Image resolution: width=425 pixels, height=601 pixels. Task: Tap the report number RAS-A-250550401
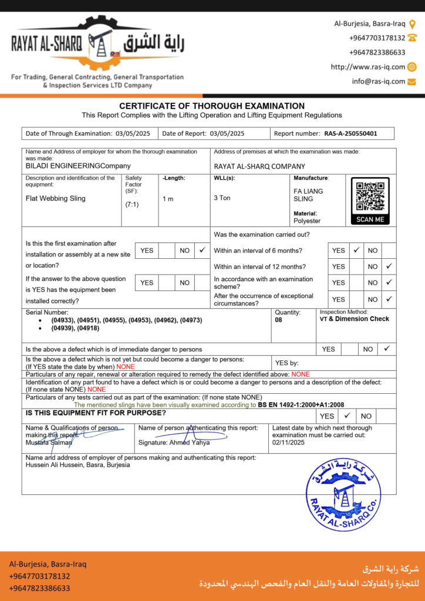(350, 133)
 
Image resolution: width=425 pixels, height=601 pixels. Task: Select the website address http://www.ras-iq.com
(367, 67)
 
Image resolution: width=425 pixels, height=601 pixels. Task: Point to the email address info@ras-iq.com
(379, 82)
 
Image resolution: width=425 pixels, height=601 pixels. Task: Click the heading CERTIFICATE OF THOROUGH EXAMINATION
(212, 106)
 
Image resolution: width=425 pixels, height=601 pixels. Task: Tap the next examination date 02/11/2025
(288, 443)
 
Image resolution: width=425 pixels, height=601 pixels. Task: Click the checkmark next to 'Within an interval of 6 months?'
(356, 250)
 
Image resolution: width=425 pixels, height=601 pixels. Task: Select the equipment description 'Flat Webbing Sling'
(56, 198)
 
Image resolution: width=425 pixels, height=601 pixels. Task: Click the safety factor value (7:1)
(131, 205)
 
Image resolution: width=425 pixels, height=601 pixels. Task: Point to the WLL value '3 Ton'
(222, 198)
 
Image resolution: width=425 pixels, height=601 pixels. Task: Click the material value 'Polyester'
(307, 221)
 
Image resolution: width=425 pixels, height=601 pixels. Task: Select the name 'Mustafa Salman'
(49, 443)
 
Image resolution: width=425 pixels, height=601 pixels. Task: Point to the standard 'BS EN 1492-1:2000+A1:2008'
(301, 405)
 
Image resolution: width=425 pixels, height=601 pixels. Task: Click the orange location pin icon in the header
(412, 24)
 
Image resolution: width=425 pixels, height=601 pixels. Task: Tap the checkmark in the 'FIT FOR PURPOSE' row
(347, 416)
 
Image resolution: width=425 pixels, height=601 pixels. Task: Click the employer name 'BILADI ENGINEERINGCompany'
(78, 166)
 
